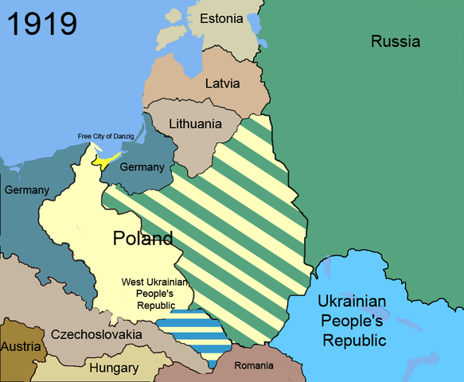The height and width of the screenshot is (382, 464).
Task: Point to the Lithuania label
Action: (x=194, y=124)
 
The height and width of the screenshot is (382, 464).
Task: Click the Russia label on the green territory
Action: (x=395, y=41)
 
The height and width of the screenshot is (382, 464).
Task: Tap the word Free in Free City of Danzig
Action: (x=85, y=136)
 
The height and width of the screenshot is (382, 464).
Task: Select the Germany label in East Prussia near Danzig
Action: (x=142, y=167)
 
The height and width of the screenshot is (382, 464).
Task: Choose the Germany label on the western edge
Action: (x=26, y=190)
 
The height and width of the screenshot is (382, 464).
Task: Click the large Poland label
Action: (x=142, y=238)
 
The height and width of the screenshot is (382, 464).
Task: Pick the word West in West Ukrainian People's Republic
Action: (x=133, y=282)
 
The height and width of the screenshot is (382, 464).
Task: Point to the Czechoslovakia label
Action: (x=95, y=335)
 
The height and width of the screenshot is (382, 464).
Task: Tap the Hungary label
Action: (x=114, y=368)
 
